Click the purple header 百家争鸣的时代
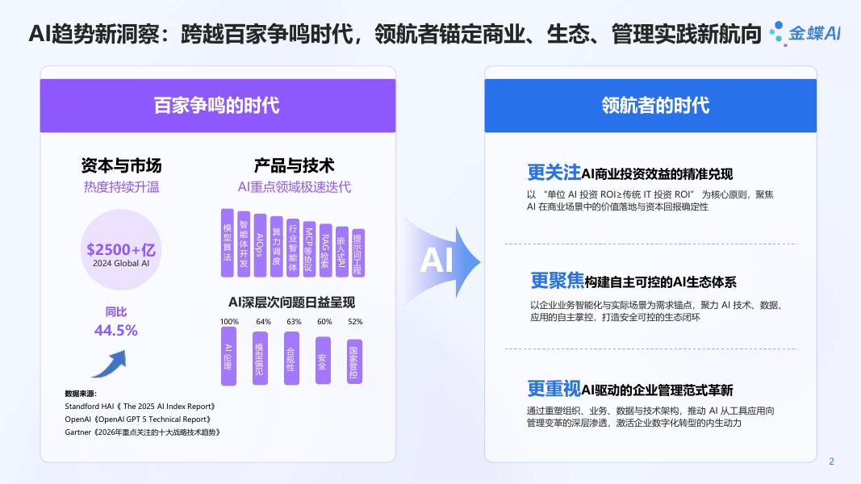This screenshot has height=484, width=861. pos(217,106)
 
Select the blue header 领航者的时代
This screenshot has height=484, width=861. pos(650,106)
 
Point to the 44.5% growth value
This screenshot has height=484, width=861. pos(115,330)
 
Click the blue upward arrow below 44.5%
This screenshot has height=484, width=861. pos(108,364)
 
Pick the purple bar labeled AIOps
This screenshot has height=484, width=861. pos(260,244)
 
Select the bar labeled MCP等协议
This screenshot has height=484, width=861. pos(309,248)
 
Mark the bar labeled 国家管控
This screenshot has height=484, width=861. pos(354,362)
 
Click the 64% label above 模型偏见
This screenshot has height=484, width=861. pos(263,322)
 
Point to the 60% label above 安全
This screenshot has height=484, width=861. pos(324,322)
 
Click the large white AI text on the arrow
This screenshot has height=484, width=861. pos(437,261)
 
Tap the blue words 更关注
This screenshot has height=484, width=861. pos(554,172)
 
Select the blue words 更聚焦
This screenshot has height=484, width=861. pos(557,281)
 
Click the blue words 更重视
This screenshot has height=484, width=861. pos(554,389)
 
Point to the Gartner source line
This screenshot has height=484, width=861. pos(142,432)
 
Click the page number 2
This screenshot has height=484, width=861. pos(831,461)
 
